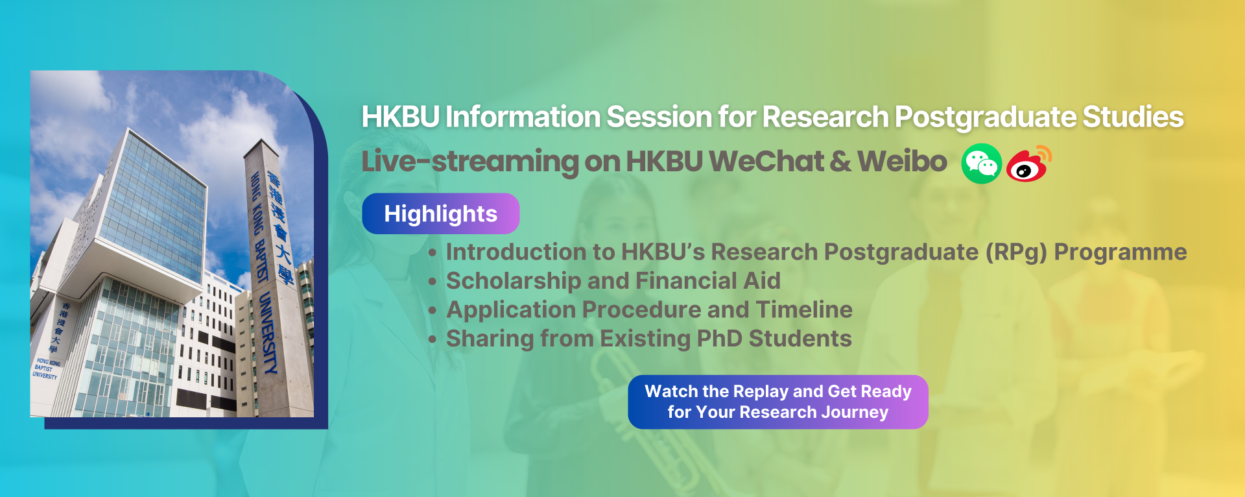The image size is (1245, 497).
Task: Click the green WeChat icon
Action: pyautogui.click(x=981, y=164)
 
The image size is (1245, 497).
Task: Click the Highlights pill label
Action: pyautogui.click(x=440, y=213)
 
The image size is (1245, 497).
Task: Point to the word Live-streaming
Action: pyautogui.click(x=470, y=162)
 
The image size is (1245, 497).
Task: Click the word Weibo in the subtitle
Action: pyautogui.click(x=902, y=162)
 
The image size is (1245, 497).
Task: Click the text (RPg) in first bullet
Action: pyautogui.click(x=1015, y=252)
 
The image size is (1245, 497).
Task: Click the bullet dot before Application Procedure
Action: pyautogui.click(x=433, y=311)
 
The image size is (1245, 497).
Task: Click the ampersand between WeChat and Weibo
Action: pyautogui.click(x=840, y=162)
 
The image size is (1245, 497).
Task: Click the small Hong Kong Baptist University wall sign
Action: pyautogui.click(x=46, y=368)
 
